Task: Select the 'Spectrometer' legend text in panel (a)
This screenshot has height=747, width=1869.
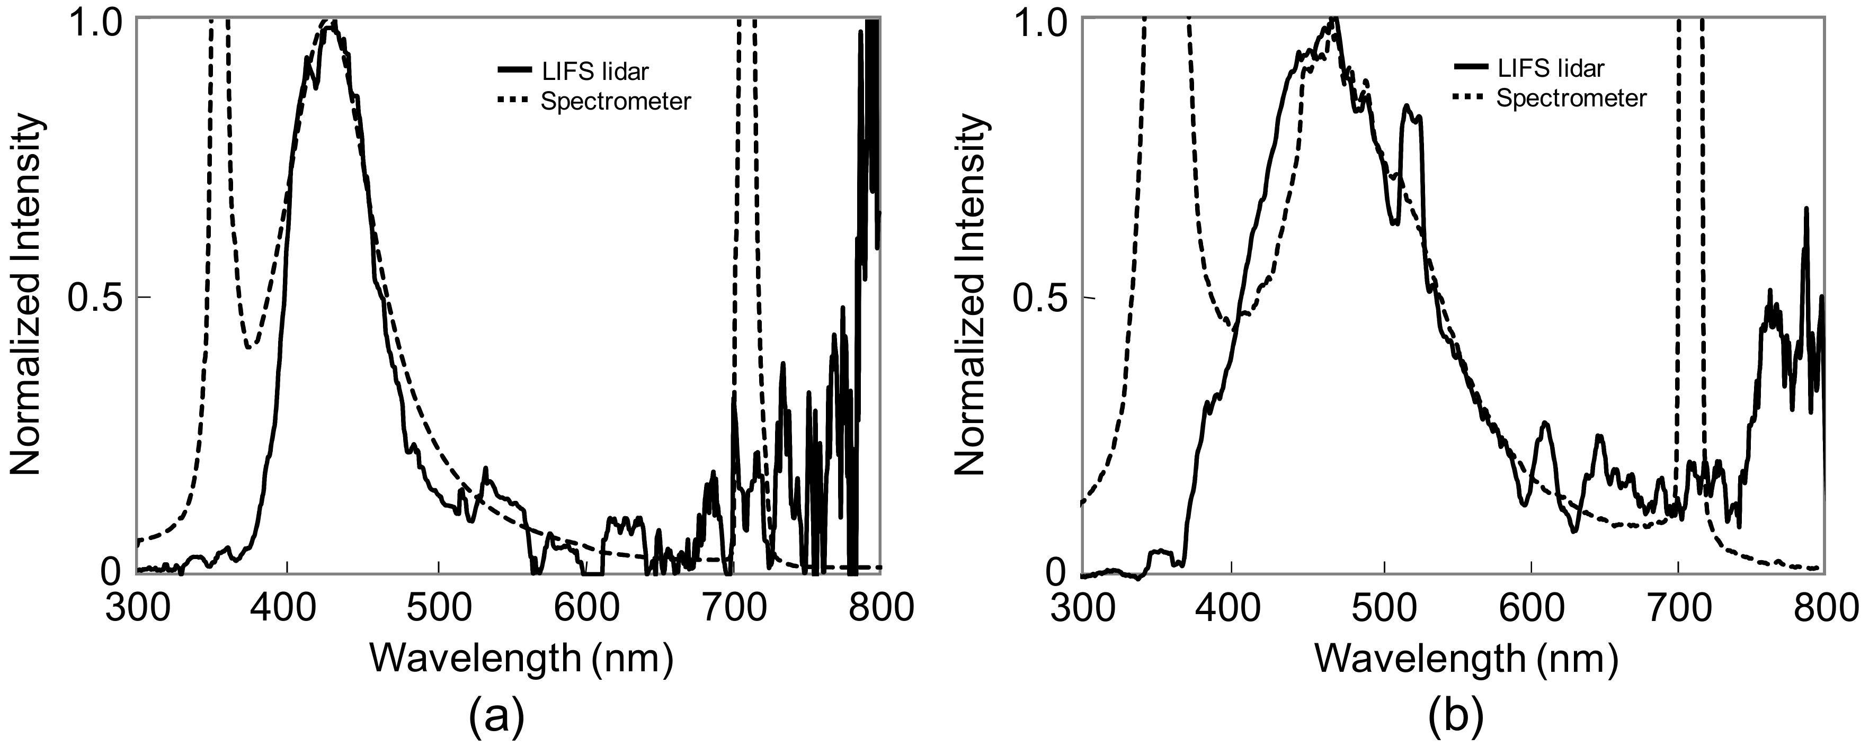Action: (x=615, y=102)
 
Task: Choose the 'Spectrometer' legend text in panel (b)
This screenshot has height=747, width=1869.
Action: (x=1571, y=98)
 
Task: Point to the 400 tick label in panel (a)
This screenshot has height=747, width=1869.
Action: (x=288, y=608)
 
